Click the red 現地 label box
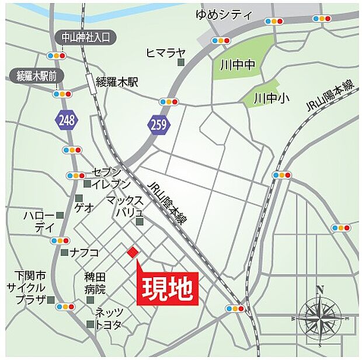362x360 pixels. pos(168,288)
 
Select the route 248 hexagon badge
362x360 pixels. pos(67,121)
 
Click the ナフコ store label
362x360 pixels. pos(85,252)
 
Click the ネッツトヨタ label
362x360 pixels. pos(109,318)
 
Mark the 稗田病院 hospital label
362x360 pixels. pos(95,283)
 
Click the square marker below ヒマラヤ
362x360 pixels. pos(181,62)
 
